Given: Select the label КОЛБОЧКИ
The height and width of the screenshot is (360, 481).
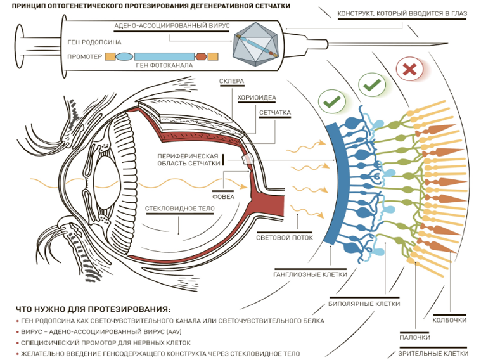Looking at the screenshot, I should [450, 320].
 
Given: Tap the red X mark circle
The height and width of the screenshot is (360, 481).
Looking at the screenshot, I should [409, 69].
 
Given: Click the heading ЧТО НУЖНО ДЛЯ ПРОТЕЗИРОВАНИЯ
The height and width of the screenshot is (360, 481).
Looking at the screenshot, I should [93, 309].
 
